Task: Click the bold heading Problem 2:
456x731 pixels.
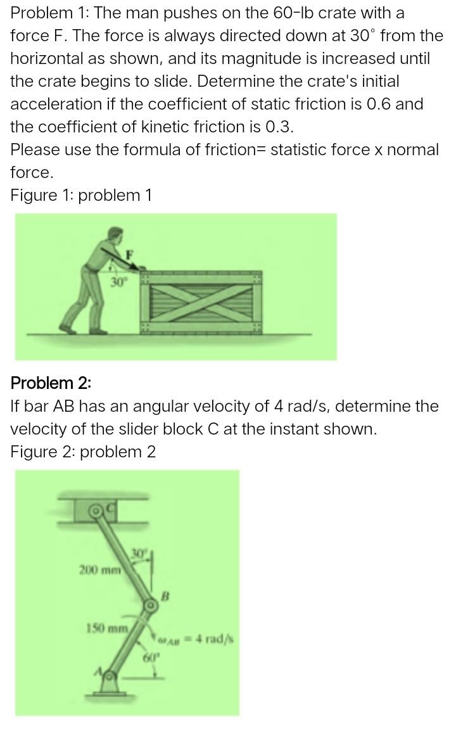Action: click(x=51, y=383)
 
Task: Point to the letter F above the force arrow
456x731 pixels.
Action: click(x=130, y=254)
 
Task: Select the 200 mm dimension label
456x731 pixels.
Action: click(x=99, y=568)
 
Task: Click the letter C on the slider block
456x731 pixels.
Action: click(x=110, y=506)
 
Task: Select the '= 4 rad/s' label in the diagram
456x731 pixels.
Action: click(x=213, y=639)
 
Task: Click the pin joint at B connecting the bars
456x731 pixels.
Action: click(x=151, y=606)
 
